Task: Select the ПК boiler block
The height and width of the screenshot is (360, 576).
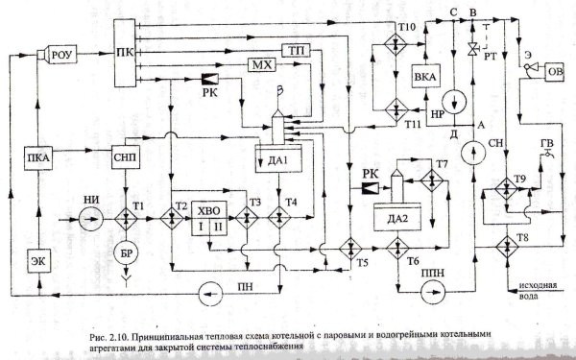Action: pos(124,50)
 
